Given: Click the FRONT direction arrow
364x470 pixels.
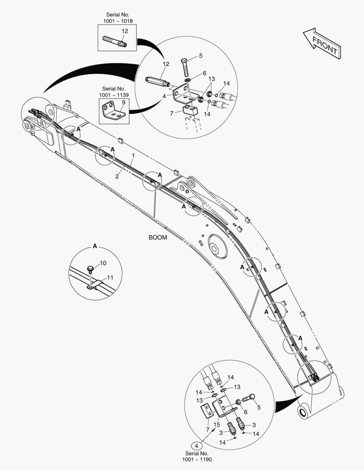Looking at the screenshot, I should (x=322, y=44).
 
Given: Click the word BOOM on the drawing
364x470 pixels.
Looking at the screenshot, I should (x=157, y=238).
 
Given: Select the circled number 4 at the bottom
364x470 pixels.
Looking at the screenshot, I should (x=197, y=446).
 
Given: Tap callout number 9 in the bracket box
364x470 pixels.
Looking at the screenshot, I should (x=123, y=102).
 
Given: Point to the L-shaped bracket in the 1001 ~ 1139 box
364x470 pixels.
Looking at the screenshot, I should (x=114, y=111).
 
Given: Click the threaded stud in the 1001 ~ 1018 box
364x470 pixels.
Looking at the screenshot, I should (x=115, y=42).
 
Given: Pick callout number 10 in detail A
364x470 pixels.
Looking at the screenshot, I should (x=103, y=263).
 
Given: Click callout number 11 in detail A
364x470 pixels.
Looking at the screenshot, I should (x=110, y=277).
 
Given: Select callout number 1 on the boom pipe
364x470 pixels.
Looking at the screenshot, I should (x=133, y=155).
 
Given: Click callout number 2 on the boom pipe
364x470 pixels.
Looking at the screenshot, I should (x=117, y=176).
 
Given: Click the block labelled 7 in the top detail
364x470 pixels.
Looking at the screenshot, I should (x=190, y=110).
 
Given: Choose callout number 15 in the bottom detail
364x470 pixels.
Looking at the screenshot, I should (x=216, y=424).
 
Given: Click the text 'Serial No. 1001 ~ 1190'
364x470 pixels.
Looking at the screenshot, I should (x=198, y=456).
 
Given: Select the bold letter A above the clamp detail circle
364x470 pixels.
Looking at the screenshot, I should (x=95, y=246).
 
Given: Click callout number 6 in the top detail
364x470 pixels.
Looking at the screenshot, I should (x=204, y=73).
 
